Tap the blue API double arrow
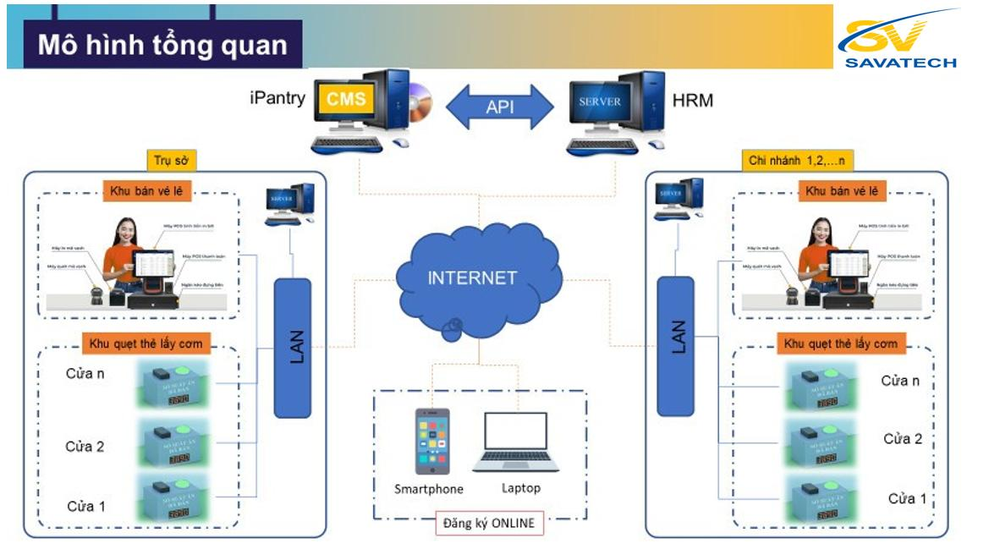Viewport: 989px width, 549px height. pyautogui.click(x=499, y=107)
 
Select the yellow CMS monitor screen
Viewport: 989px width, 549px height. pyautogui.click(x=347, y=99)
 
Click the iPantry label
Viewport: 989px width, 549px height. pyautogui.click(x=277, y=98)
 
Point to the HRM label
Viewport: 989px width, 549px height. pyautogui.click(x=691, y=101)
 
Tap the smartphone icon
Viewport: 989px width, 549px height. pyautogui.click(x=431, y=442)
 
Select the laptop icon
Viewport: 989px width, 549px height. pyautogui.click(x=515, y=442)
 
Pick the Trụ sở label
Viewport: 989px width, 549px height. pyautogui.click(x=170, y=160)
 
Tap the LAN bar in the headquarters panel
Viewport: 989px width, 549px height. pyautogui.click(x=293, y=346)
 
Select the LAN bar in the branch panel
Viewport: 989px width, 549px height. pyautogui.click(x=674, y=346)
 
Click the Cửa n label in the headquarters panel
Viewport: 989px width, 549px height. pyautogui.click(x=85, y=373)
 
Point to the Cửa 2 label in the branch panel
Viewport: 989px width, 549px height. pyautogui.click(x=902, y=439)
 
